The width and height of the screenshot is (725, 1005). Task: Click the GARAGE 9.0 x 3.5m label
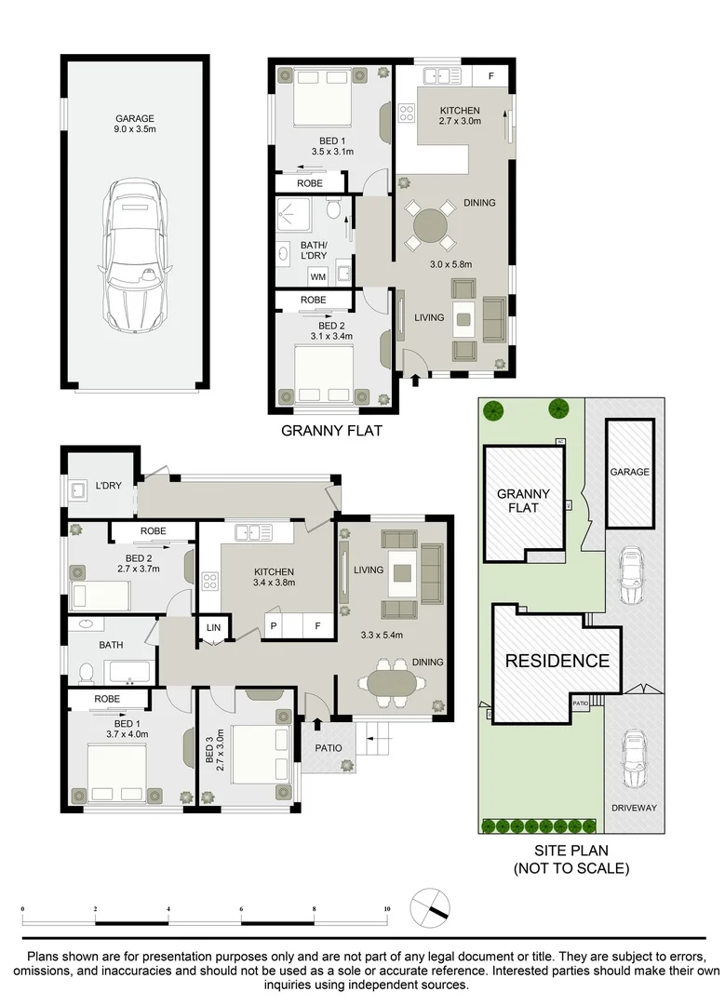[134, 125]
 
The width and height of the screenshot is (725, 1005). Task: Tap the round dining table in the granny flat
[431, 226]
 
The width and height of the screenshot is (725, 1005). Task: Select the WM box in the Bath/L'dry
[317, 276]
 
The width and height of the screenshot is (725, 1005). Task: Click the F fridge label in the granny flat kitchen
[491, 74]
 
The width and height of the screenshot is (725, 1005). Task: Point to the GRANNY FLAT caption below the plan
[331, 431]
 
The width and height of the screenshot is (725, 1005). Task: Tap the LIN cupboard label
[213, 628]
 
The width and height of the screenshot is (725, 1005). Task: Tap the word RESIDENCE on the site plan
[557, 662]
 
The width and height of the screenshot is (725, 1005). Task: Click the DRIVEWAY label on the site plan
[633, 808]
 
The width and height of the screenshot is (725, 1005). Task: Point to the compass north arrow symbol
[431, 906]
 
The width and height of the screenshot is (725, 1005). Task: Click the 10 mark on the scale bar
[386, 907]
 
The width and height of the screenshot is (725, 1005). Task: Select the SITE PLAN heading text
[571, 851]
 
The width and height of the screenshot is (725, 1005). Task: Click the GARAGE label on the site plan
[629, 472]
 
